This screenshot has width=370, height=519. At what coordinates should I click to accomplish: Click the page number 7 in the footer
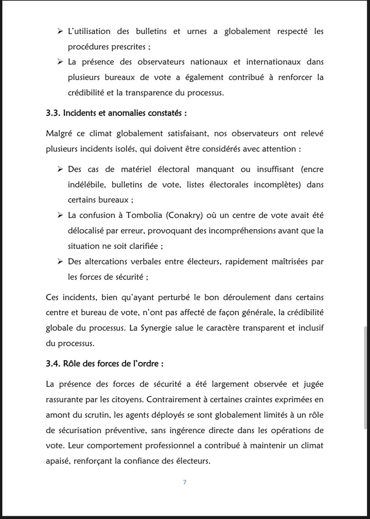pos(185,482)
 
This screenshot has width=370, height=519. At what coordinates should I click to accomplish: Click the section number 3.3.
pos(53,113)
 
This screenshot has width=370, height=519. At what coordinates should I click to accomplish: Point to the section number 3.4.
pos(53,364)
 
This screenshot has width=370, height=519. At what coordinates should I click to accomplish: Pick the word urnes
pos(197,32)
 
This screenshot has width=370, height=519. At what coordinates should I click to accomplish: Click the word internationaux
pos(273,62)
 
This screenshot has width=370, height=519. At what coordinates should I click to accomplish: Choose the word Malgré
pos(59,134)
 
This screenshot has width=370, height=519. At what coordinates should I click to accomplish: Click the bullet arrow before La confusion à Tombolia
pos(60,215)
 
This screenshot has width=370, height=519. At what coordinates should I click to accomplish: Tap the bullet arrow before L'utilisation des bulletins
pos(60,32)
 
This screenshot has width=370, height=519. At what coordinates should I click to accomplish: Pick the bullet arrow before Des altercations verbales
pos(60,262)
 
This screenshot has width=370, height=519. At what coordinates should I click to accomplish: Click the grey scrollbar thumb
pos(365,378)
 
